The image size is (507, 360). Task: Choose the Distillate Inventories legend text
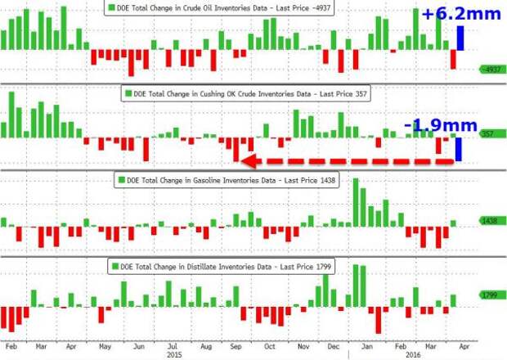(229, 266)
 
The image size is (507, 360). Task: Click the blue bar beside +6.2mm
(461, 38)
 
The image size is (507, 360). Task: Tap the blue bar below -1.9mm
(459, 148)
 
